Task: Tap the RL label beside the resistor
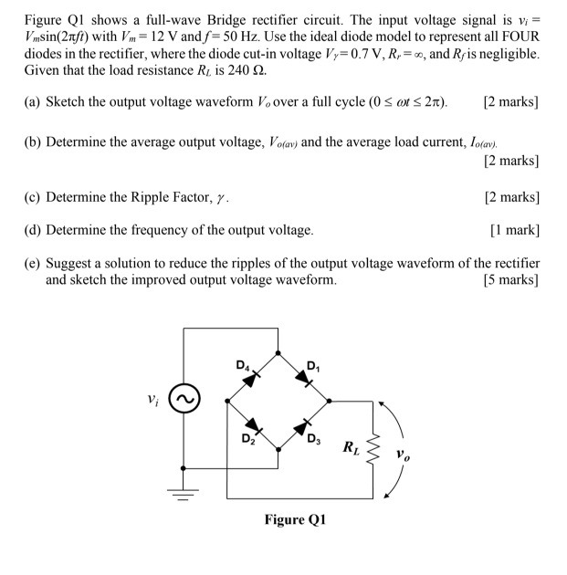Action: [x=351, y=447]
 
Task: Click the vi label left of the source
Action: [x=153, y=398]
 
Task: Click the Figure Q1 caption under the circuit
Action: [x=296, y=520]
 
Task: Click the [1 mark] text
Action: [x=514, y=229]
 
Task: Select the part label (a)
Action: [x=33, y=126]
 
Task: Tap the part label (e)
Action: [x=33, y=263]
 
